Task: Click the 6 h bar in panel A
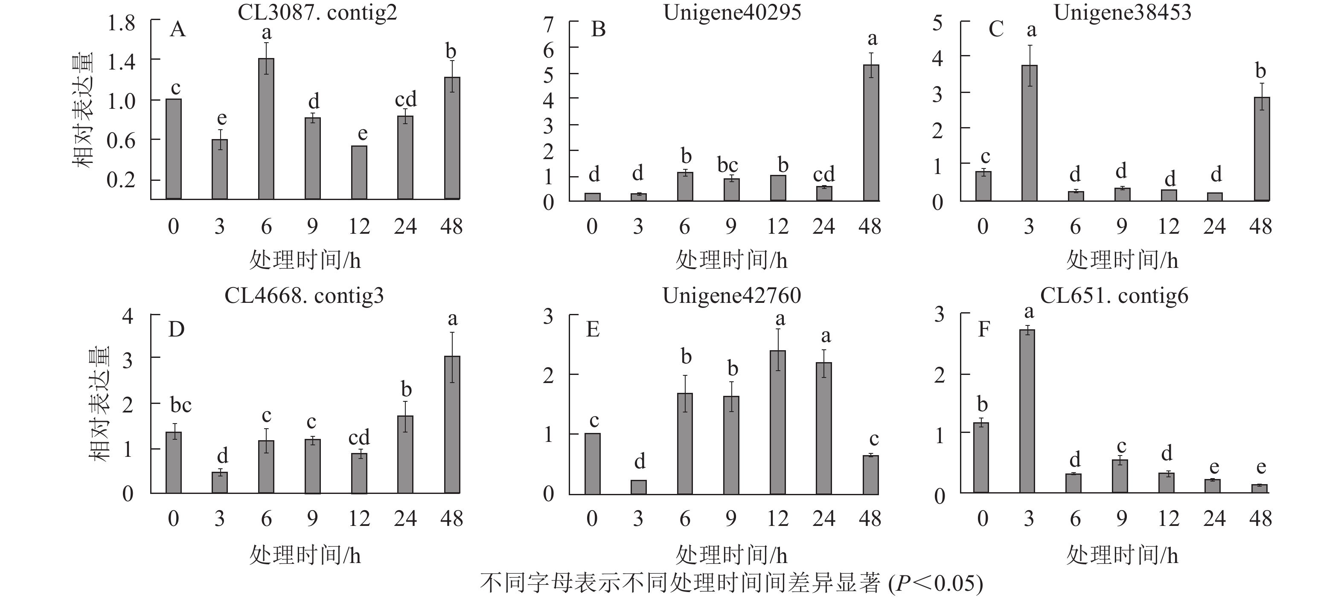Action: coord(266,128)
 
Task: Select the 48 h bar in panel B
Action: coord(871,133)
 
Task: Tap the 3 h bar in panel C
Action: coord(1029,133)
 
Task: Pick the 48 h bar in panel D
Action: coord(452,424)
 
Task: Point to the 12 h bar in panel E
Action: coord(777,422)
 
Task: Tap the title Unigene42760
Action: coord(731,296)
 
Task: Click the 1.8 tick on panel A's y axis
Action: coord(121,23)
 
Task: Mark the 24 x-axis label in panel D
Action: coord(405,518)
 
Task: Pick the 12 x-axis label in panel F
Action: coord(1168,518)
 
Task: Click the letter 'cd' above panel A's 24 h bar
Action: coord(405,99)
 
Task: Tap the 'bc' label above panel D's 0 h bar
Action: coord(180,405)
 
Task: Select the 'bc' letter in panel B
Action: coord(727,165)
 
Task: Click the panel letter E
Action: coord(593,330)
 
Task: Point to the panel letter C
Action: coord(995,29)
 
